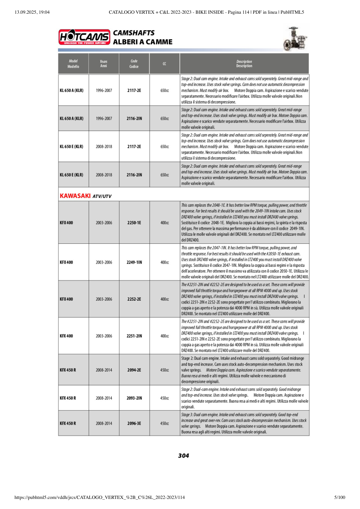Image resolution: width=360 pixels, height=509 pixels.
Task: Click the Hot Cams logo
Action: pos(84,37)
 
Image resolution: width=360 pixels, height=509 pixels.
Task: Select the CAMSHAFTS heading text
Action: pos(134,33)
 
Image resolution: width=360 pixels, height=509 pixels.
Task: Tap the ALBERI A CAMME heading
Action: pos(143,42)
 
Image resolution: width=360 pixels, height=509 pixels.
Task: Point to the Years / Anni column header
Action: pos(104,64)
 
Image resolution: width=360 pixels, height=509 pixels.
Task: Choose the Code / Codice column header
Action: pos(134,64)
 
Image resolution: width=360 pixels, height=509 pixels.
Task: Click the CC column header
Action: pos(164,64)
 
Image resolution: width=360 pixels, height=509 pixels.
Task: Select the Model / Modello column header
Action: pos(73,64)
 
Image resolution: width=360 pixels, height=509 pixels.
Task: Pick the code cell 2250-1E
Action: pos(134,222)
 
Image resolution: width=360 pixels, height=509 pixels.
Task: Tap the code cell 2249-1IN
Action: pos(134,262)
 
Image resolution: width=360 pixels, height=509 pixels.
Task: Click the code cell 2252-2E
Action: pos(134,299)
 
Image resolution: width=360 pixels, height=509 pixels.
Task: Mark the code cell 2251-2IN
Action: pos(134,336)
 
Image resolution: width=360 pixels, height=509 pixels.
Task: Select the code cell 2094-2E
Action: pos(134,370)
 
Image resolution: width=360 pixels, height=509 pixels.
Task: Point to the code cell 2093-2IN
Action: pos(134,398)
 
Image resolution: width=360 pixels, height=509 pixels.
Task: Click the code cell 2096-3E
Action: pos(134,423)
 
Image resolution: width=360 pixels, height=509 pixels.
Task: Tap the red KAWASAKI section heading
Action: pos(75,196)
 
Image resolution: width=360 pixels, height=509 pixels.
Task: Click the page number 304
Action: pos(183,456)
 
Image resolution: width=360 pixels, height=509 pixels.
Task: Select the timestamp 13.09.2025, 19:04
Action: pos(32,12)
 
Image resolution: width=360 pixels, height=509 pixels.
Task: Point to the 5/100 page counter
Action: pos(340,497)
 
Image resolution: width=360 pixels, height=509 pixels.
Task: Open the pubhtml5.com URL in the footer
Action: pos(100,497)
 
